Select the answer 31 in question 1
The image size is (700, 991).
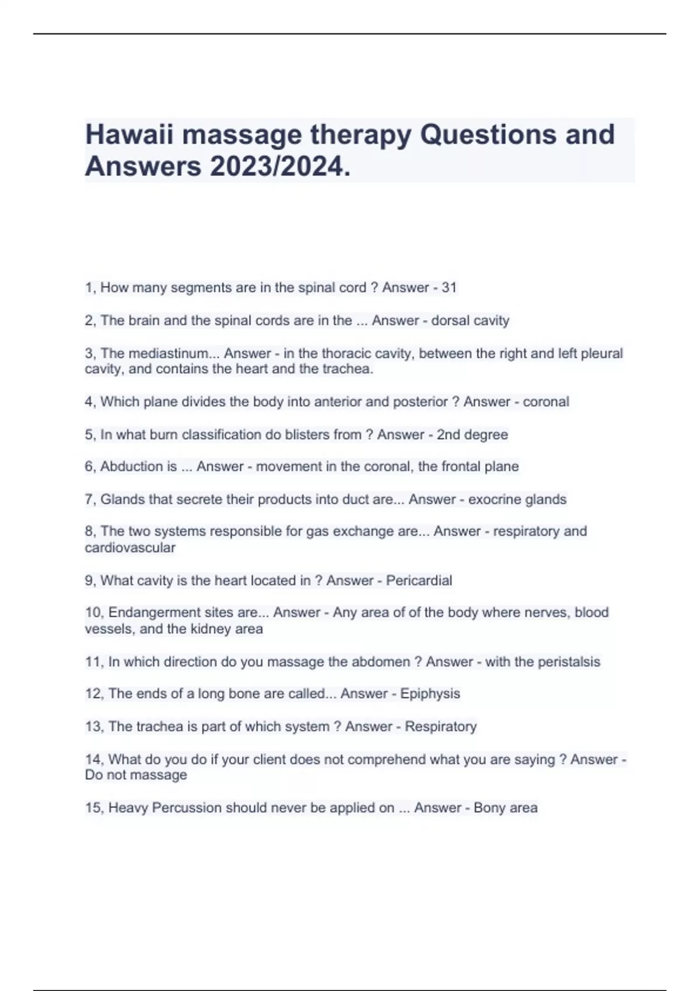click(x=449, y=287)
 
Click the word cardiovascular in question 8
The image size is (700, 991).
click(x=129, y=547)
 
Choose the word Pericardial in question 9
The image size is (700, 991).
click(x=419, y=581)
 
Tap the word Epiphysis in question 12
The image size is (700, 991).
click(x=430, y=694)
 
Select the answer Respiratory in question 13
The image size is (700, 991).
click(x=440, y=726)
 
